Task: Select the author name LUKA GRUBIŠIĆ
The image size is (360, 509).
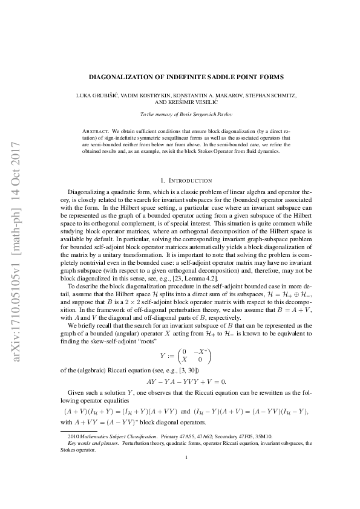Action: [x=97, y=96]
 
